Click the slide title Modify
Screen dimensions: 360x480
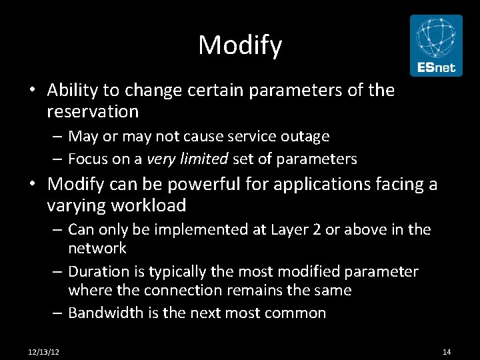click(x=240, y=45)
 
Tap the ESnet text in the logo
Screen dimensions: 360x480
click(x=436, y=67)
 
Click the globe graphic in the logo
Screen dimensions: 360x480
click(x=436, y=38)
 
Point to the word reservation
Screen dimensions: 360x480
click(x=93, y=111)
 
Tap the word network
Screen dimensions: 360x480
click(x=97, y=248)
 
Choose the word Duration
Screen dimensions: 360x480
click(x=97, y=271)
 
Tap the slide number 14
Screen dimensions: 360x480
click(x=447, y=351)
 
